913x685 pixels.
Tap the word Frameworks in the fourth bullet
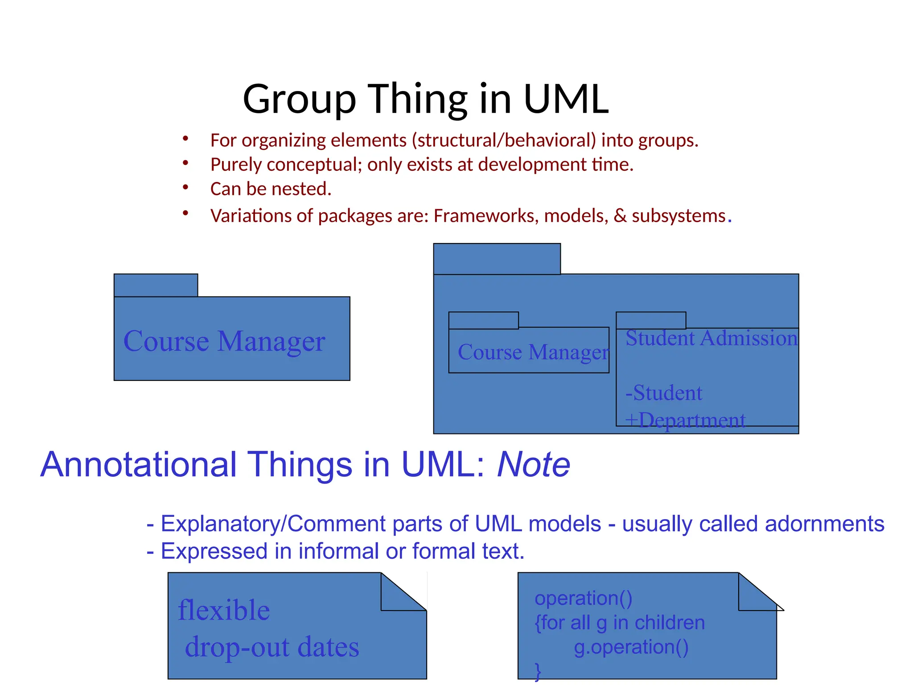[x=486, y=216]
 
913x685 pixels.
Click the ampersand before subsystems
[x=620, y=216]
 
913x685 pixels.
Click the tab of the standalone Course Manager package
[x=156, y=285]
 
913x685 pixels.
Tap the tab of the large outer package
[x=497, y=259]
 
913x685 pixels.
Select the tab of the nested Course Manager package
[x=483, y=320]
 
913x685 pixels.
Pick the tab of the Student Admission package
[x=651, y=320]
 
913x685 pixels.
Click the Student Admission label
[x=711, y=338]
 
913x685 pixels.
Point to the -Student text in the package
[x=663, y=393]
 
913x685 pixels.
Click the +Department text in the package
[x=685, y=420]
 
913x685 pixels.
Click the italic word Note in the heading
[x=533, y=465]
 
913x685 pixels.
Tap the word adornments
[x=824, y=524]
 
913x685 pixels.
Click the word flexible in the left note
[x=224, y=610]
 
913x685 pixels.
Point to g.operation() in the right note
[x=631, y=647]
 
